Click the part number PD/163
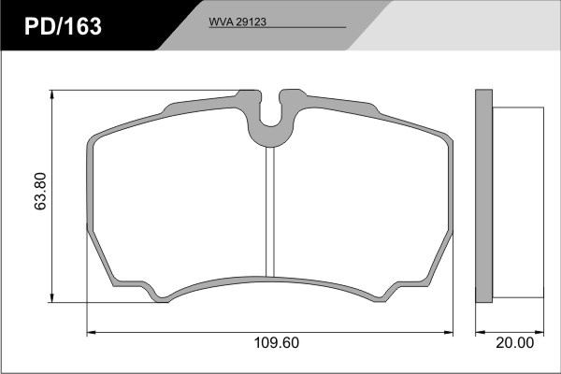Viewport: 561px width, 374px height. tap(63, 26)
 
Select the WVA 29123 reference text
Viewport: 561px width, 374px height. tap(237, 22)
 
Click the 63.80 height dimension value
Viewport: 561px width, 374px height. tap(41, 191)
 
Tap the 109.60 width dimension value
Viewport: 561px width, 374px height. tap(276, 343)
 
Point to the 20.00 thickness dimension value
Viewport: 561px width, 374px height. tap(514, 343)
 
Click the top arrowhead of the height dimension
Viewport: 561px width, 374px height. tap(52, 94)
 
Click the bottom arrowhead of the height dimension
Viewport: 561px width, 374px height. tap(52, 298)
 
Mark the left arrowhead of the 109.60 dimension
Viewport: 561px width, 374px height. tap(92, 333)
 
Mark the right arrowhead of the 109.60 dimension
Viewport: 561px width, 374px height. tap(449, 333)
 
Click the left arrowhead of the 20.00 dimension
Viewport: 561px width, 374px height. tap(481, 333)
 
